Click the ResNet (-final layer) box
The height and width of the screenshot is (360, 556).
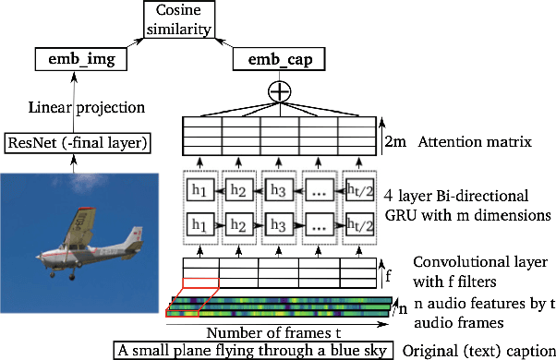[x=79, y=142]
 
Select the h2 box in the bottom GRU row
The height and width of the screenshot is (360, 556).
[x=238, y=223]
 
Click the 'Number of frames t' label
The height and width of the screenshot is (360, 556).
[x=267, y=330]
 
